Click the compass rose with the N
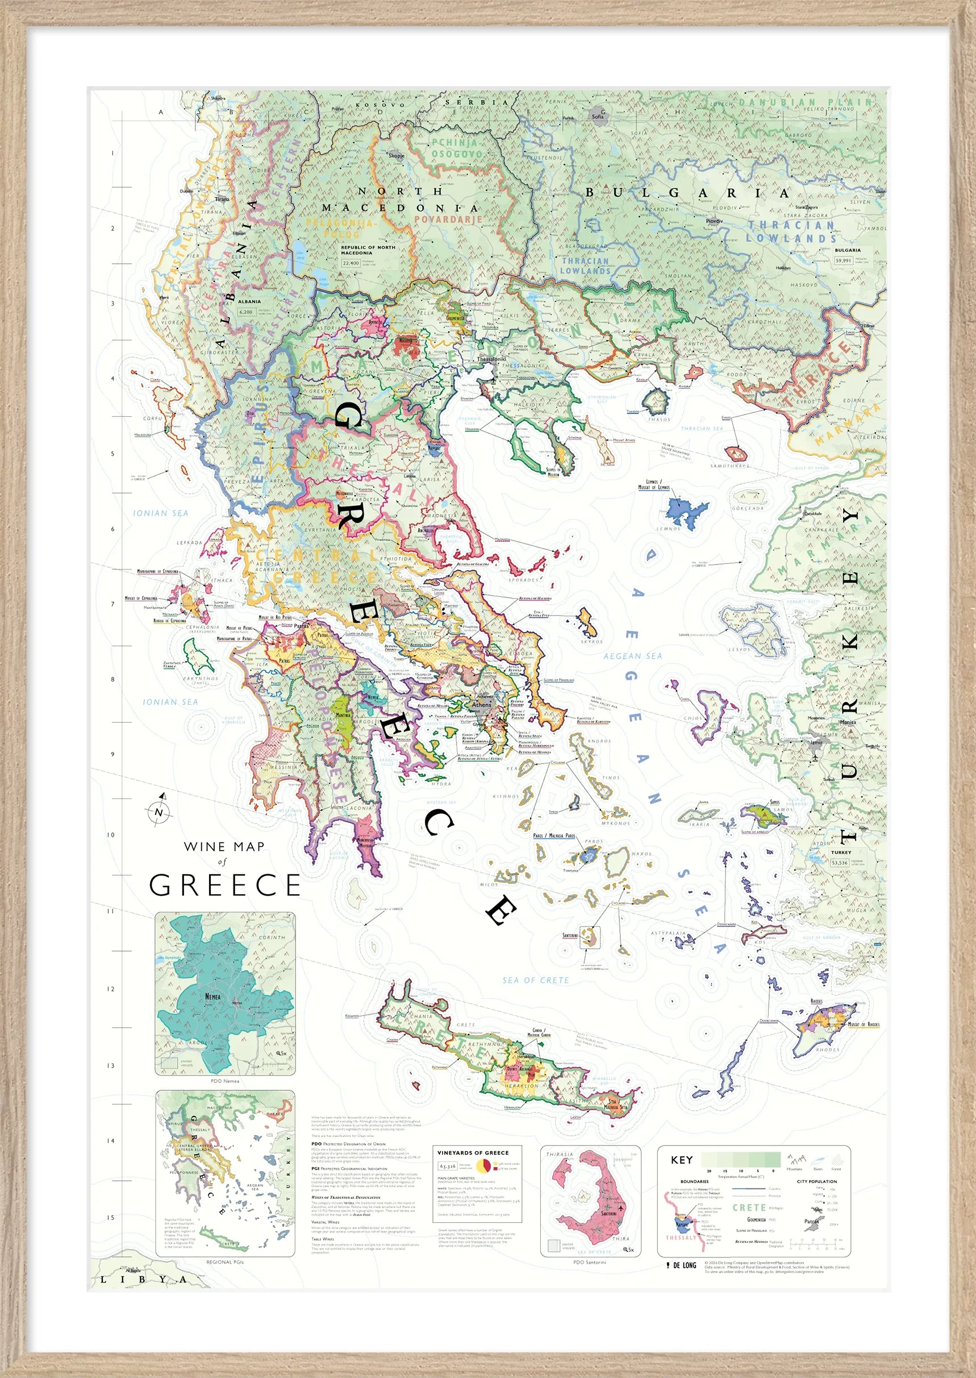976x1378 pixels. [x=159, y=812]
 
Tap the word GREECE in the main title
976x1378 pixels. [x=225, y=885]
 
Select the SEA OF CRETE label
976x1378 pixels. [x=536, y=980]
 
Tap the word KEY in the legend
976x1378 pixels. [x=682, y=1160]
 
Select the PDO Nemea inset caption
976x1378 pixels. [x=225, y=1081]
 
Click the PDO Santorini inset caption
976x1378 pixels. [x=590, y=1262]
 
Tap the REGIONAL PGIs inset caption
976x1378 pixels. [x=225, y=1262]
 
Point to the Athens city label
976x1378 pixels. [x=481, y=704]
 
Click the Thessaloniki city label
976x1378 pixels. [x=491, y=359]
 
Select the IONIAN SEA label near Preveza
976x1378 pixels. [x=160, y=513]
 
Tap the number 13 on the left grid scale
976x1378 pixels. [x=111, y=1066]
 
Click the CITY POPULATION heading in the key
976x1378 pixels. [x=816, y=1181]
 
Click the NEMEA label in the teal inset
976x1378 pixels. [x=212, y=997]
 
